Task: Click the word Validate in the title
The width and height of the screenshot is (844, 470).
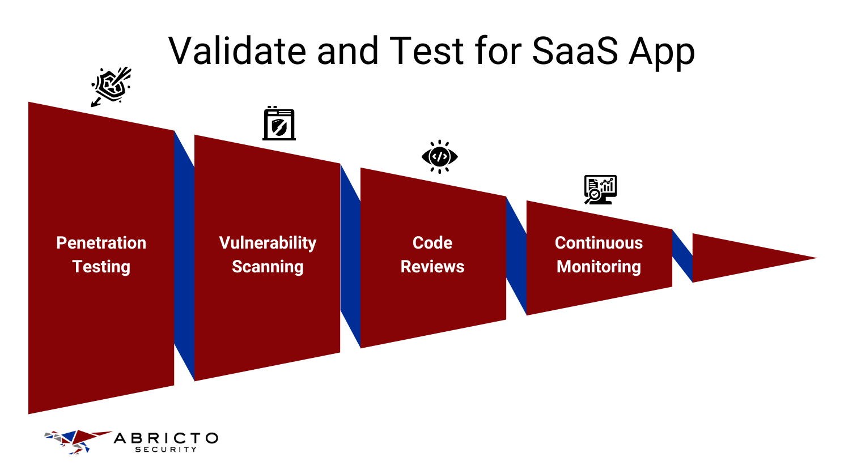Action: (237, 51)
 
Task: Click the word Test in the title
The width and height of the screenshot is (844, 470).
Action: (427, 51)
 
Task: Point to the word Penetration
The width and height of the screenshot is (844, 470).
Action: (101, 243)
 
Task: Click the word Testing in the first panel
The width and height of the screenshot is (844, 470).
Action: (101, 267)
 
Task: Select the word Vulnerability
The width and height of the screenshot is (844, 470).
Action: (268, 243)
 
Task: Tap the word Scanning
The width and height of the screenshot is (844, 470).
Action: (268, 267)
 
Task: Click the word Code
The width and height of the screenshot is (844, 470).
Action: (432, 243)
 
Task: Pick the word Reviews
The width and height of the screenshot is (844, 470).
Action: (432, 267)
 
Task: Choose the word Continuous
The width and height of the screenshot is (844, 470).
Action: (599, 243)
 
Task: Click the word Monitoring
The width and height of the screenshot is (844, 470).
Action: (599, 267)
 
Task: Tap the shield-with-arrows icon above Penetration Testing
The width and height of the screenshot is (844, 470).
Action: (111, 86)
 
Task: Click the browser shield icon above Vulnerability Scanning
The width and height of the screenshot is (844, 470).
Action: (279, 124)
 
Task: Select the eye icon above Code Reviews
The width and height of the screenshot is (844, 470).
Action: (439, 156)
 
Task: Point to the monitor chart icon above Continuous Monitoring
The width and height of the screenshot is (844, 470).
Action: (600, 189)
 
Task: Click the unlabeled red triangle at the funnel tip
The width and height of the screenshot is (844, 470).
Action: (737, 258)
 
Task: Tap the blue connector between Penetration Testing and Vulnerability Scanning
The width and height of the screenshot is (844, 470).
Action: (184, 255)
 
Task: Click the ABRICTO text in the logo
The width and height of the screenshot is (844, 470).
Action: (166, 438)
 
